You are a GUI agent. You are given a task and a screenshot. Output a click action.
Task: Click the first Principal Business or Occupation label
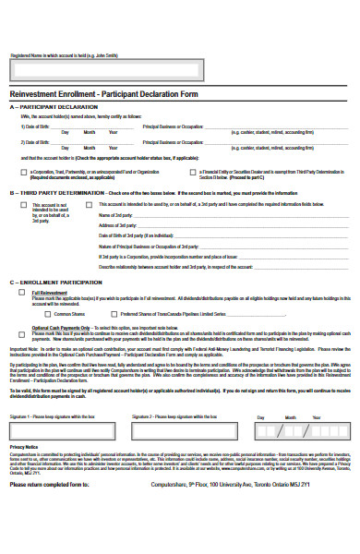point(172,125)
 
